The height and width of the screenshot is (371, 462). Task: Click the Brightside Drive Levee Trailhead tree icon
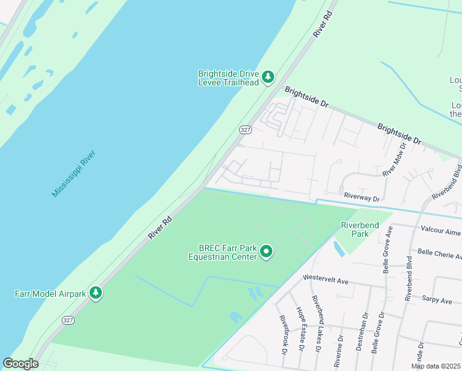click(x=267, y=77)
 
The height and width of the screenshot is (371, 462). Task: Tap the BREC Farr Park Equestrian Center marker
click(x=266, y=251)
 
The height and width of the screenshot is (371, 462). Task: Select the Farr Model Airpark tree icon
click(x=96, y=292)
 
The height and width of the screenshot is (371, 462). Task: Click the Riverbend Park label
click(x=359, y=230)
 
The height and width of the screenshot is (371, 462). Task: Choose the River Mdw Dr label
click(x=394, y=160)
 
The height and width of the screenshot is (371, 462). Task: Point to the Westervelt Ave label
click(x=325, y=281)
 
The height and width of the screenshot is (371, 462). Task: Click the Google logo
click(x=21, y=364)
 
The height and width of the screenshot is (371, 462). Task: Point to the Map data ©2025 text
click(x=436, y=366)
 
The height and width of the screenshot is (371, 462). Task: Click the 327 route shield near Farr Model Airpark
click(x=68, y=320)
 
